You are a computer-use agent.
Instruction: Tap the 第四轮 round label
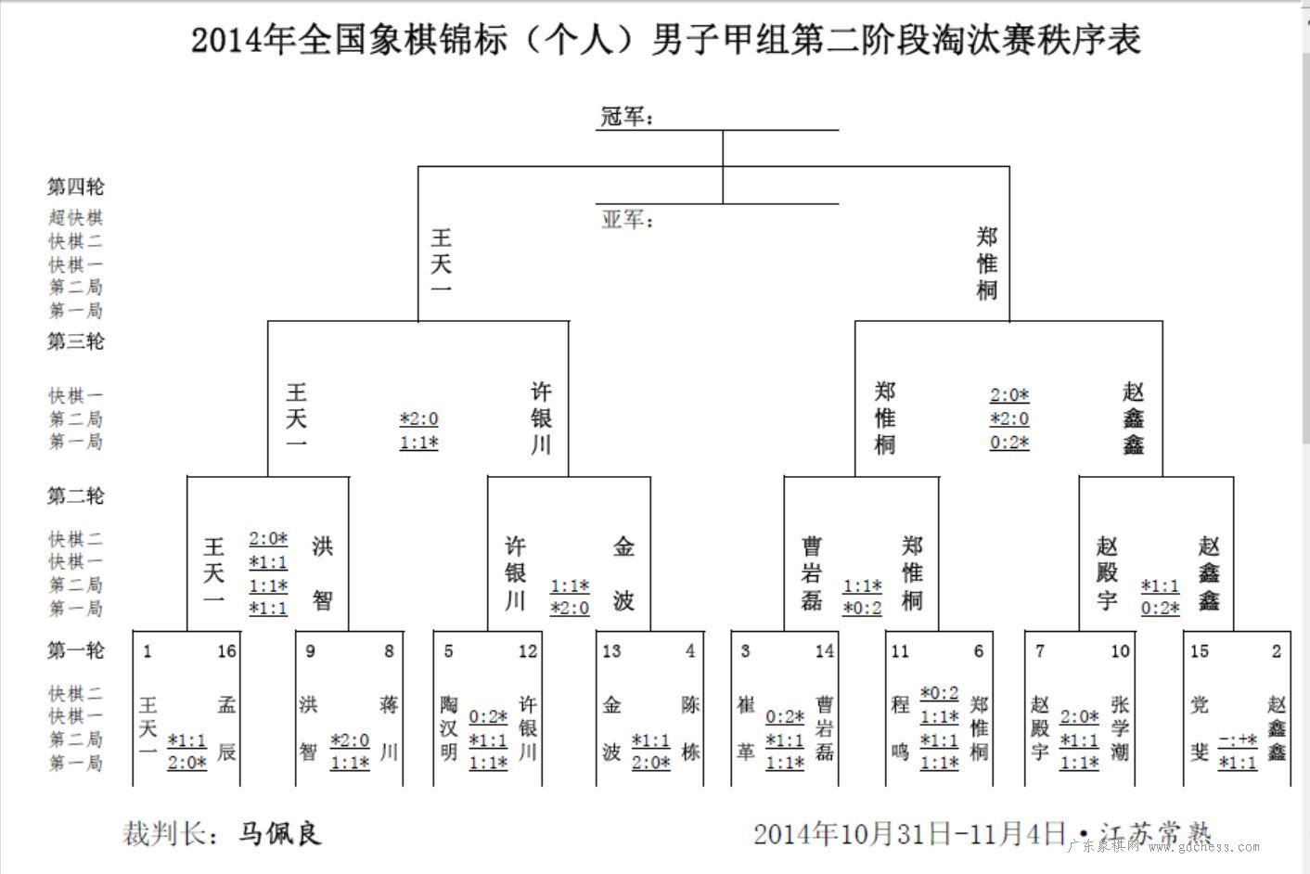click(x=75, y=186)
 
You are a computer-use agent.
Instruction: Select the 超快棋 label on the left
click(x=75, y=218)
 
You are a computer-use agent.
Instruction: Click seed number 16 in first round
click(x=227, y=651)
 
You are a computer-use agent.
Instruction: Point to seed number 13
click(x=611, y=651)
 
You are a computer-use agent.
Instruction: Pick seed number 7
click(x=1040, y=651)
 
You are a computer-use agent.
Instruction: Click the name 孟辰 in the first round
click(x=227, y=728)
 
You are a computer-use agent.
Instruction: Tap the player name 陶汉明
click(x=448, y=728)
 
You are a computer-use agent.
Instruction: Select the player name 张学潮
click(x=1120, y=728)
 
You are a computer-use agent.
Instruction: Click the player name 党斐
click(x=1200, y=728)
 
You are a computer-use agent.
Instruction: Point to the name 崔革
click(x=746, y=728)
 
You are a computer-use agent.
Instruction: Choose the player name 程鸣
click(x=900, y=728)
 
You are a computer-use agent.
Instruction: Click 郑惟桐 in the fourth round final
click(x=987, y=263)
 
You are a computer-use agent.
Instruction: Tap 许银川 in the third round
click(x=542, y=418)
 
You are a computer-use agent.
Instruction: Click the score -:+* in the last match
click(x=1238, y=740)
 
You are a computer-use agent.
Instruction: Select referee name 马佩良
click(x=280, y=833)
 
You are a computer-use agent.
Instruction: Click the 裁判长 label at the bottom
click(x=170, y=833)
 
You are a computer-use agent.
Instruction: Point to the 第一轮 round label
click(x=75, y=650)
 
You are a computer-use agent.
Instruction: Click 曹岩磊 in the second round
click(x=811, y=573)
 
